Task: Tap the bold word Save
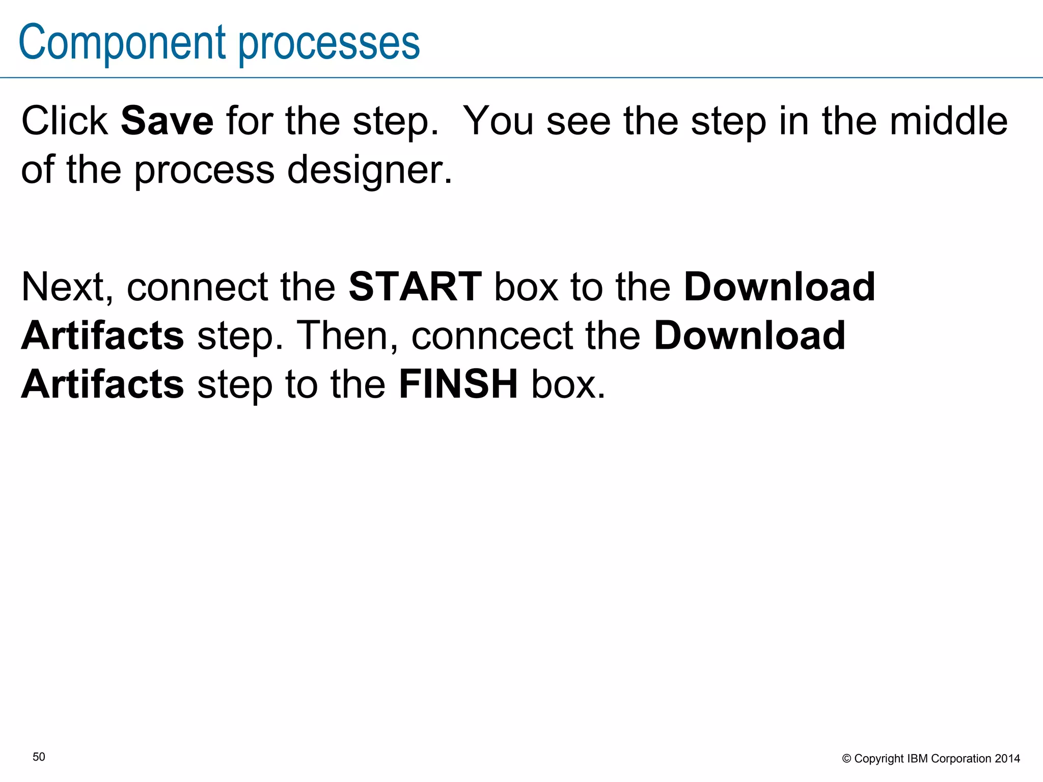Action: (x=167, y=121)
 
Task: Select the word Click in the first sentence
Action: (x=65, y=121)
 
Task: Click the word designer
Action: (x=369, y=171)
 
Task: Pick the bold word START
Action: (x=415, y=287)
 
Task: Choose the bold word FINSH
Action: (x=458, y=384)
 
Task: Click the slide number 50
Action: (x=39, y=757)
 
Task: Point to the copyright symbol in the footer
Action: (x=846, y=759)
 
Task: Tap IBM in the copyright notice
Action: (x=918, y=759)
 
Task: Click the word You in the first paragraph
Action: (x=499, y=121)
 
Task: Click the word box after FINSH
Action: (x=568, y=384)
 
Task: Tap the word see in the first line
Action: (x=579, y=121)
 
